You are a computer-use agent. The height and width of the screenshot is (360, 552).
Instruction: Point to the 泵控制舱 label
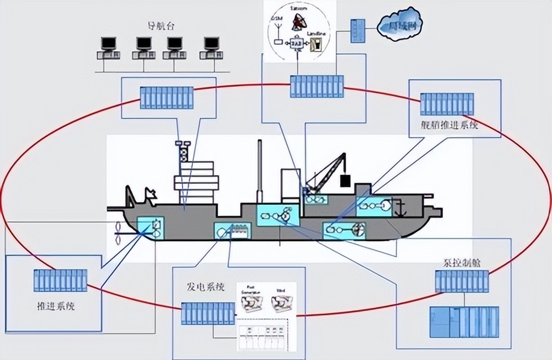point(461,263)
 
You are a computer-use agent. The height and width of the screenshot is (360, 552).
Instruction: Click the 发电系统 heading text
point(206,287)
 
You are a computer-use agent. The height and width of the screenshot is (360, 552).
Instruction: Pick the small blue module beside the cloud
point(358,31)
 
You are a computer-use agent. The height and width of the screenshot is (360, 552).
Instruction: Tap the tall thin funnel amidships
point(259,171)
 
